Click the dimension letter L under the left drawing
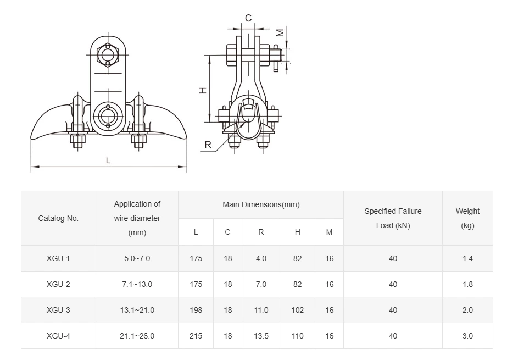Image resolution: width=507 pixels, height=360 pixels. tap(108, 160)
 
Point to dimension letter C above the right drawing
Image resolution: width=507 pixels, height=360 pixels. tap(248, 19)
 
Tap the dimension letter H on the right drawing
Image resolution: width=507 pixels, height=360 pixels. tap(203, 90)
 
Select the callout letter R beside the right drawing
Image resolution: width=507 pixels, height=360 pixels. tap(208, 145)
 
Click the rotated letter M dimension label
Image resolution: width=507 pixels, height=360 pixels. tap(280, 33)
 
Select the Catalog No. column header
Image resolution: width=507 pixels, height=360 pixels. tap(58, 218)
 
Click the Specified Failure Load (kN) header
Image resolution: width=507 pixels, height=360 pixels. tap(393, 218)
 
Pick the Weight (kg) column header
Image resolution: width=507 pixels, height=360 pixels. tap(467, 218)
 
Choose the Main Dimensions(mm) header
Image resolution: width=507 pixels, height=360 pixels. tap(261, 204)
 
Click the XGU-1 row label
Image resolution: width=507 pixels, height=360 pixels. tap(58, 258)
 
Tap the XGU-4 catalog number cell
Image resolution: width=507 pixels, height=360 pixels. tap(58, 336)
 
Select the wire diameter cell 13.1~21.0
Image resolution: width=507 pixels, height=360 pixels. tap(137, 310)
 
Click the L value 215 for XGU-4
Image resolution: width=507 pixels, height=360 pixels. tap(196, 336)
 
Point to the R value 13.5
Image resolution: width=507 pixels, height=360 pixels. tap(261, 336)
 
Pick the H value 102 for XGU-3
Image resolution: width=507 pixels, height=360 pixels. tap(297, 310)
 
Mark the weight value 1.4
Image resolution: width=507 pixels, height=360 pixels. tap(467, 258)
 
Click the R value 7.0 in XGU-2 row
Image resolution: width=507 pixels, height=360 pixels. tap(261, 284)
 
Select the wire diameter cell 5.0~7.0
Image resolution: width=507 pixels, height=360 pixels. tap(137, 258)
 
